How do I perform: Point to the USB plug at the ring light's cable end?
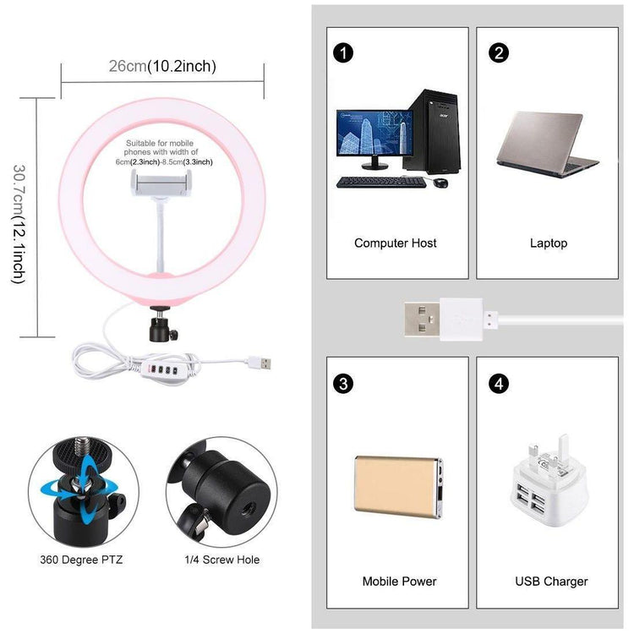click(262, 363)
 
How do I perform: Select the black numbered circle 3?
click(342, 383)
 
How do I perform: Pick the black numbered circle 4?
click(499, 383)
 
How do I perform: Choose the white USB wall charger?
click(549, 486)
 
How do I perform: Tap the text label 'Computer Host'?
click(396, 243)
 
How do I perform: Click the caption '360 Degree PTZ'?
click(81, 560)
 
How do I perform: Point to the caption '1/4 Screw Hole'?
click(221, 560)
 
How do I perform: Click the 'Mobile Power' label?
click(399, 582)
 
